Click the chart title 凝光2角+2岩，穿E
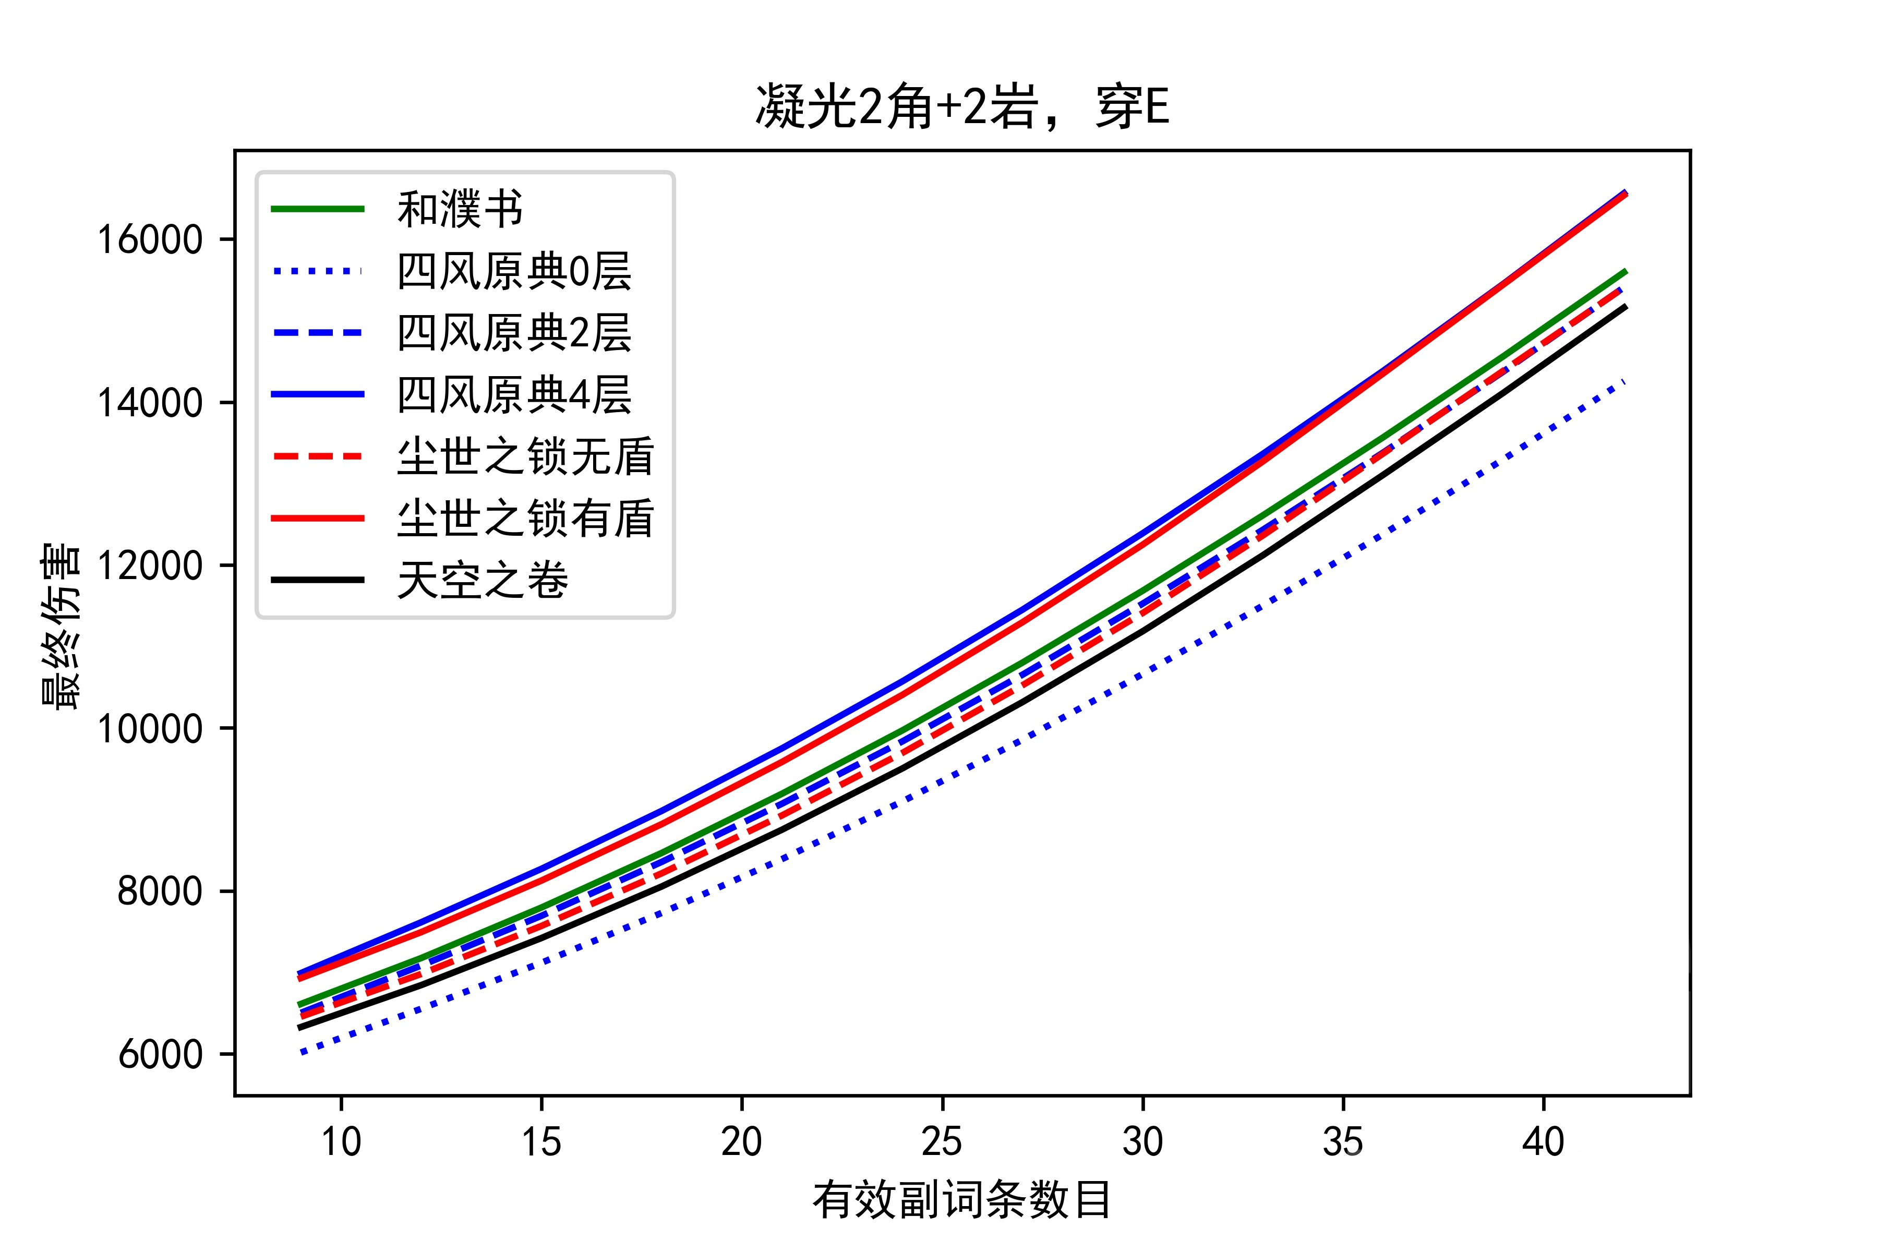coord(962,107)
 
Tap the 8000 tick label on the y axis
coord(160,891)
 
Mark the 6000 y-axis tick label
coord(160,1054)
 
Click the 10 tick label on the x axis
coord(341,1142)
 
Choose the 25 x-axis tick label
coord(942,1142)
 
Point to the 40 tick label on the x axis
coord(1543,1142)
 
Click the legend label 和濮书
coord(460,209)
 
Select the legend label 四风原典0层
coord(514,271)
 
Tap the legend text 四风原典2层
coord(514,333)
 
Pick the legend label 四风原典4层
coord(514,394)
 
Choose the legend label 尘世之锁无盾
coord(525,457)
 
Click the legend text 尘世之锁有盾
coord(525,518)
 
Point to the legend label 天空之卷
coord(482,580)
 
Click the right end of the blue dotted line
coord(1624,382)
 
